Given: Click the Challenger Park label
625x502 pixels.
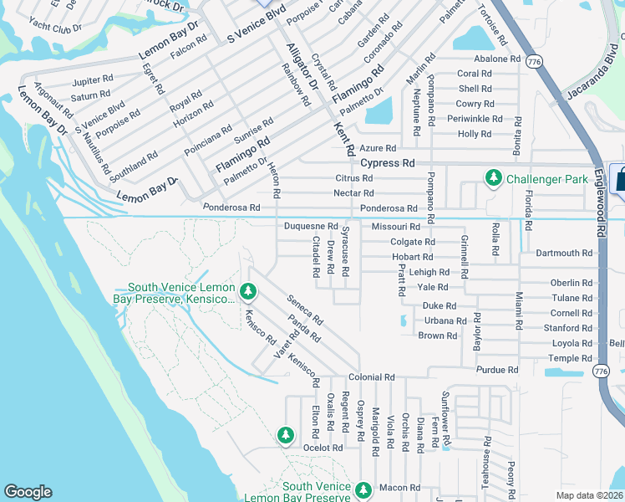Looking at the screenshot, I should tap(542, 178).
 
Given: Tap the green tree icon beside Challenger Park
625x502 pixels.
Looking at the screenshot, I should tap(494, 178).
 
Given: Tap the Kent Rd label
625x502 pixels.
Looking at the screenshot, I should tap(344, 136).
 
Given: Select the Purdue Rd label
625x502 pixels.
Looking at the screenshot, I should tap(497, 370).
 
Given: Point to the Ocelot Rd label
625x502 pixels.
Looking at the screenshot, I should tap(324, 448).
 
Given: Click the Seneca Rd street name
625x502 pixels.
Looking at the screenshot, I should tap(304, 310).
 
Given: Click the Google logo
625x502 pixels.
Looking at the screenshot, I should tap(28, 491).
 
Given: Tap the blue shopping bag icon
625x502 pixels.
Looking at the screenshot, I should tap(620, 178).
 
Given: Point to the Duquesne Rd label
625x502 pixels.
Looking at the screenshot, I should tap(310, 227).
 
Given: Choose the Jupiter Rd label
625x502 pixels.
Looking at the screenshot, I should tap(93, 80).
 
